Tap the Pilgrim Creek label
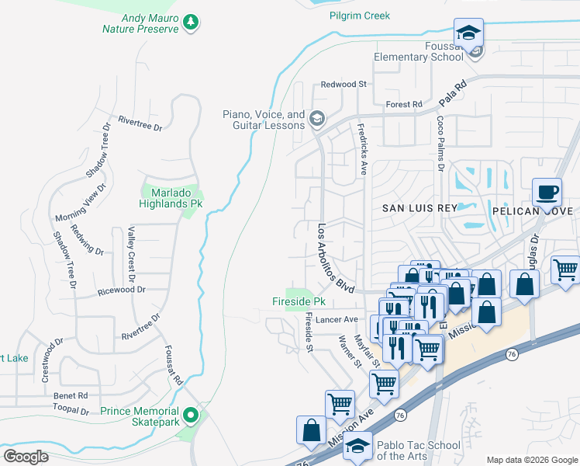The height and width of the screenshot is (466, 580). click(359, 16)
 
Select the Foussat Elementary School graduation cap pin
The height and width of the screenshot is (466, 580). click(468, 33)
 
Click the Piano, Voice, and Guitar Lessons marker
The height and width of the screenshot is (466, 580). click(316, 119)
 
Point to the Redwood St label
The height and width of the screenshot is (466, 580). click(344, 84)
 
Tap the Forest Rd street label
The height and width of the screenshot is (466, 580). click(403, 104)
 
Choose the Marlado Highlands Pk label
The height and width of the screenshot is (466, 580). click(171, 196)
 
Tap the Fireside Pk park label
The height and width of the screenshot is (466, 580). click(298, 301)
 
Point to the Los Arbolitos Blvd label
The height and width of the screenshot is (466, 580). click(336, 258)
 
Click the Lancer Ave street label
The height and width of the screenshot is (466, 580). click(340, 319)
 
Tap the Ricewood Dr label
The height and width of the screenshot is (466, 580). click(122, 290)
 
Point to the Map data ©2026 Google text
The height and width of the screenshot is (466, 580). click(531, 460)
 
